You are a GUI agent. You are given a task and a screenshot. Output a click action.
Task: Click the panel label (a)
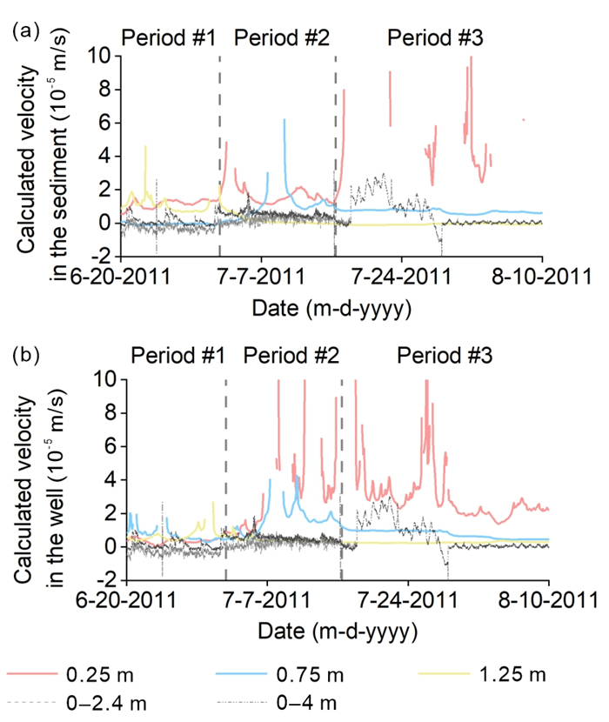point(23,31)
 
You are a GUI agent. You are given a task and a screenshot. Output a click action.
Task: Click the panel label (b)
point(23,356)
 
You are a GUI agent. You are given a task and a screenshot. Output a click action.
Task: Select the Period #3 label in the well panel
point(445,356)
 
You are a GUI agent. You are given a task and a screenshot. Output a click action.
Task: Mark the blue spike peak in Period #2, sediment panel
point(284,120)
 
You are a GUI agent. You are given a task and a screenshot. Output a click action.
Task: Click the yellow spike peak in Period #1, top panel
point(145,146)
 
